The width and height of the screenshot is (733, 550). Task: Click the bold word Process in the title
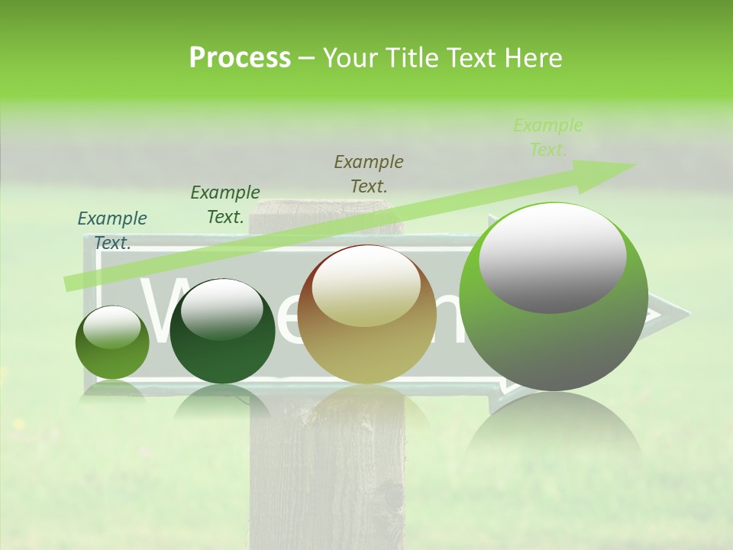coord(240,58)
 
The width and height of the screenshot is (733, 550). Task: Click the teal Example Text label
coord(112,230)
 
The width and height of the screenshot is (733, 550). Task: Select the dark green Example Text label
coord(225,204)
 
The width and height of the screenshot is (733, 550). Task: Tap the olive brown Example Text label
coord(369,173)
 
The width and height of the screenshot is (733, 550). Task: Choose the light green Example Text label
coord(548,137)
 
